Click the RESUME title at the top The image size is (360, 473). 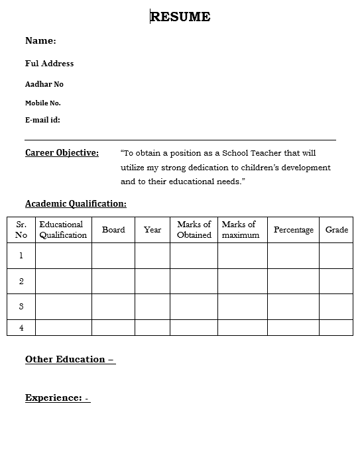coord(180,17)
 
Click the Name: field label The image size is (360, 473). coord(40,41)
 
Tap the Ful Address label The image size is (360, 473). coord(49,64)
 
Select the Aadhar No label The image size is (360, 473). coord(44,84)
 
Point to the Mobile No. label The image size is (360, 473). coord(42,103)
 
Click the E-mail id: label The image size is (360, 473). coord(42,120)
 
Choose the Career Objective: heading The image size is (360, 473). coord(62,153)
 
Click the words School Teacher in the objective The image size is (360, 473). coord(252,153)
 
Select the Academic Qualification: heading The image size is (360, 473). coord(76,203)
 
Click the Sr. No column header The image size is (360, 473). coord(21,229)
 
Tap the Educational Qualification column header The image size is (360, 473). coord(63,229)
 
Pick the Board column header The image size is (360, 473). coord(113,230)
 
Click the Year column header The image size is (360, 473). coord(152,230)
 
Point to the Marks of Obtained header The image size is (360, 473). coord(194,229)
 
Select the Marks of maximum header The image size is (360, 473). coord(241,229)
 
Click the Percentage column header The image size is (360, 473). coord(294,230)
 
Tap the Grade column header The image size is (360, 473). coord(337,230)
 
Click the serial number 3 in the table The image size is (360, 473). coord(21,307)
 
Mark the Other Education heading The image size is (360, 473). coord(70,359)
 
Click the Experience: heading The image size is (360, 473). coord(57,397)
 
